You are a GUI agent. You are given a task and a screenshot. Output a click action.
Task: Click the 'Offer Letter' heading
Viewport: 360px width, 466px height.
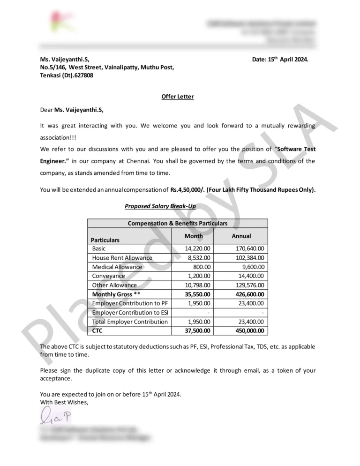pyautogui.click(x=177, y=97)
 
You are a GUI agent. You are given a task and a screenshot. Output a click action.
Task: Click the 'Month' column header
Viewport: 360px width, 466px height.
pyautogui.click(x=193, y=236)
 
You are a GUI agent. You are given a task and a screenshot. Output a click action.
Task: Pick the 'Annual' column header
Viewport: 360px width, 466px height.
pyautogui.click(x=241, y=236)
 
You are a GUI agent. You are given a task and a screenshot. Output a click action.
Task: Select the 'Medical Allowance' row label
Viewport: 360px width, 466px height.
pyautogui.click(x=117, y=267)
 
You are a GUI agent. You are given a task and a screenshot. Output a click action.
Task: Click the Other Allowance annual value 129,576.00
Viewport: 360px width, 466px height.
pyautogui.click(x=248, y=285)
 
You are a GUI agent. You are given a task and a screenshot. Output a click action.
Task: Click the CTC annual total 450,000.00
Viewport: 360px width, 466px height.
pyautogui.click(x=248, y=331)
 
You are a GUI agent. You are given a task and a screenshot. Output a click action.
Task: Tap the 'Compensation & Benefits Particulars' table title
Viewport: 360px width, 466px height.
pyautogui.click(x=178, y=224)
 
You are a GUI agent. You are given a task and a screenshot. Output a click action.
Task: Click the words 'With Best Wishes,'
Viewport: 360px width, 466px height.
pyautogui.click(x=64, y=402)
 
